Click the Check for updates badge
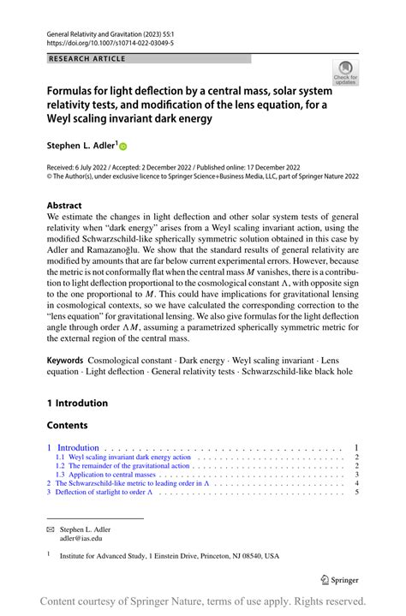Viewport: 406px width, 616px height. coord(346,72)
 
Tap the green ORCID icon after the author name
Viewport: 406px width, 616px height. coord(122,147)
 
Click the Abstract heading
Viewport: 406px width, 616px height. coord(65,206)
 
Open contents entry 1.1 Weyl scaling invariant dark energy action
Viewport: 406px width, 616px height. coord(123,458)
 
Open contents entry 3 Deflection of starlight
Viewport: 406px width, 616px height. coord(104,493)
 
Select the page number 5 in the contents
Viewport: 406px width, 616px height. coord(355,493)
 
